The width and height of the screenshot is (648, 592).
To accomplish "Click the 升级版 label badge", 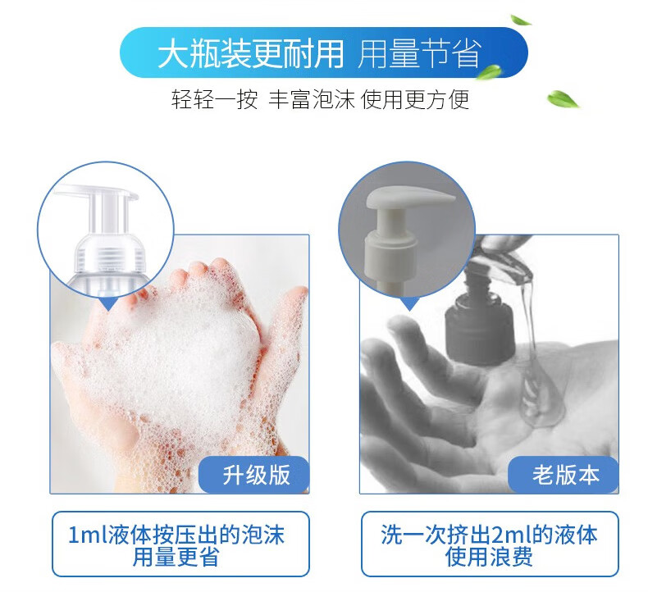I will pos(256,475).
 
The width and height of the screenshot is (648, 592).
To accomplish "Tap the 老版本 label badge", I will pos(565,475).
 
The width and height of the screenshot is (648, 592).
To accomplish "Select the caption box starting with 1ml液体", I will pos(181,544).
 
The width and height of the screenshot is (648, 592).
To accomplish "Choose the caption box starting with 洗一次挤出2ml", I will pos(490,544).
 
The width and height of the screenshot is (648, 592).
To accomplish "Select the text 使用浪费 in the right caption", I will pos(490,558).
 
